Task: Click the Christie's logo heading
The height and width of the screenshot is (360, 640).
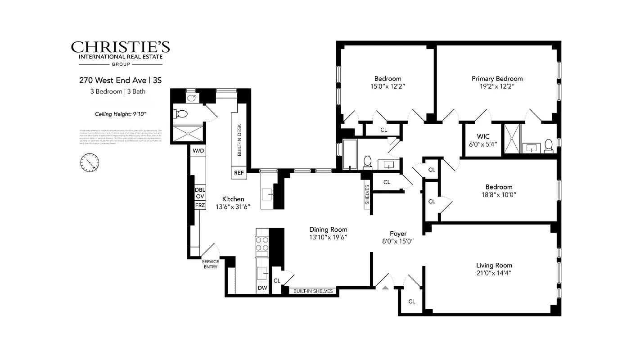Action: (120, 47)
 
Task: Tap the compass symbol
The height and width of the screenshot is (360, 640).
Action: (90, 162)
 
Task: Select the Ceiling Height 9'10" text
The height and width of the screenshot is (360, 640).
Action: (120, 114)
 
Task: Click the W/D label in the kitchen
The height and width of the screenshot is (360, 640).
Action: (198, 151)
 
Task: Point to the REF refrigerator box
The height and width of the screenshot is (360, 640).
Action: (239, 173)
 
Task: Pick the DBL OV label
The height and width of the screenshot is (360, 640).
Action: (200, 193)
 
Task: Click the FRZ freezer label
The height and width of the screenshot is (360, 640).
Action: (200, 205)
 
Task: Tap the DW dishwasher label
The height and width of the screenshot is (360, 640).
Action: (262, 288)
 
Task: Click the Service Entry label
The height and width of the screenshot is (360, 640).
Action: (210, 264)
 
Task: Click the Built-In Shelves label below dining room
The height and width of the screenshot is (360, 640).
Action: (313, 291)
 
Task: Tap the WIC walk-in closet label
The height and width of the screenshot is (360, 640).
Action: (483, 136)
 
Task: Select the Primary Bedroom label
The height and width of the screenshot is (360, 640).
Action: (497, 79)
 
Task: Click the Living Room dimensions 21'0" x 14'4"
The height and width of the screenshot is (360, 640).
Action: (494, 273)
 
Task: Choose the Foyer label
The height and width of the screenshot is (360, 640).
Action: (398, 234)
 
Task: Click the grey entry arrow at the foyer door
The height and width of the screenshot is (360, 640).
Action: (385, 287)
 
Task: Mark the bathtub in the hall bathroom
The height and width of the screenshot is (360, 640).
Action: (350, 154)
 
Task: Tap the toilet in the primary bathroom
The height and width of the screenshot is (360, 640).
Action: (548, 145)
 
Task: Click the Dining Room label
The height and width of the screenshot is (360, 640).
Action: (328, 229)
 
